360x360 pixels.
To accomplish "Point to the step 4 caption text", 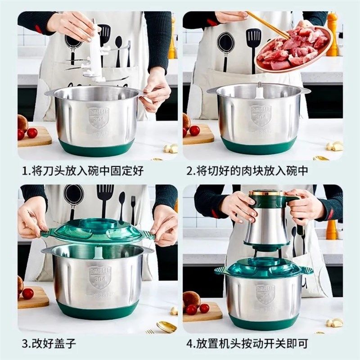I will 247,344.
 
